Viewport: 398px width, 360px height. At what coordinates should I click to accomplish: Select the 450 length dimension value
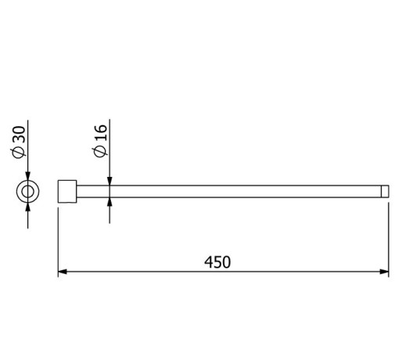click(217, 262)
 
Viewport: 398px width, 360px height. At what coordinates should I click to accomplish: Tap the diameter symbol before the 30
click(20, 154)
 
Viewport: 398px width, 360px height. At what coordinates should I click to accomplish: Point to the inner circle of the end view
click(28, 191)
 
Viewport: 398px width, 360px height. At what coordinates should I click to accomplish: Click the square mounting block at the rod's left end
click(68, 191)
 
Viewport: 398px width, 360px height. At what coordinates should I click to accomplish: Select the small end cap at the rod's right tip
click(385, 191)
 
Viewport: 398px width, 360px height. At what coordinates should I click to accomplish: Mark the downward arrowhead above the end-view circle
click(28, 177)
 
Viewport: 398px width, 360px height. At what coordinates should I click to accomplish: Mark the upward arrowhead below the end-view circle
click(28, 206)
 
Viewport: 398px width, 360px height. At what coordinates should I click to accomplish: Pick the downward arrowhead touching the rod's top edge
click(109, 180)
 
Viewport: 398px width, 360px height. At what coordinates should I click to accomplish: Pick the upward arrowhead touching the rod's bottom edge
click(109, 201)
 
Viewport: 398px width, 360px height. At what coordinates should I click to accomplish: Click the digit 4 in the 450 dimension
click(208, 262)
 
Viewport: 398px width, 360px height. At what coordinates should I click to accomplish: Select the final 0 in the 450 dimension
click(227, 262)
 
